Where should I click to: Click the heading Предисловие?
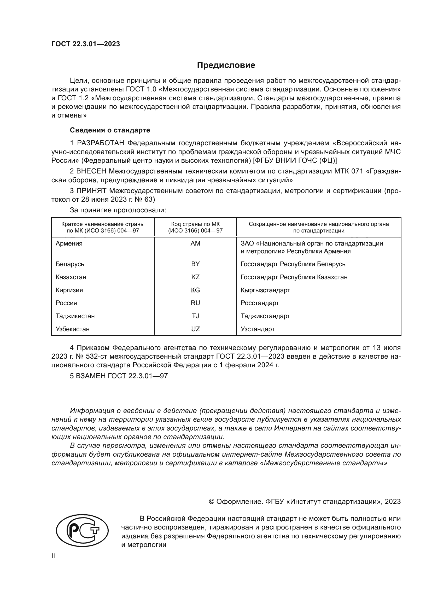(x=226, y=65)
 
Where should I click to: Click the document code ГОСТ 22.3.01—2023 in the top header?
(x=86, y=44)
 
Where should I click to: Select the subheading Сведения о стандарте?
(x=110, y=130)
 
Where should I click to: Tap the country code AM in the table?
(x=195, y=243)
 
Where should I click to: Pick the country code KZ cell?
(x=195, y=277)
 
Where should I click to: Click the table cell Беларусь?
(x=70, y=264)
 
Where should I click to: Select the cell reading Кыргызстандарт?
(x=265, y=290)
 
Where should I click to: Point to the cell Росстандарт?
(x=260, y=303)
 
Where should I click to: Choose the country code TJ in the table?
(x=195, y=316)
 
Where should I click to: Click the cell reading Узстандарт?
(x=258, y=329)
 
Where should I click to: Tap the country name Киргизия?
(x=69, y=290)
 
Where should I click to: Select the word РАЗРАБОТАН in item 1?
(x=101, y=143)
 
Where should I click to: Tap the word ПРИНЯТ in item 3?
(x=91, y=190)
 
